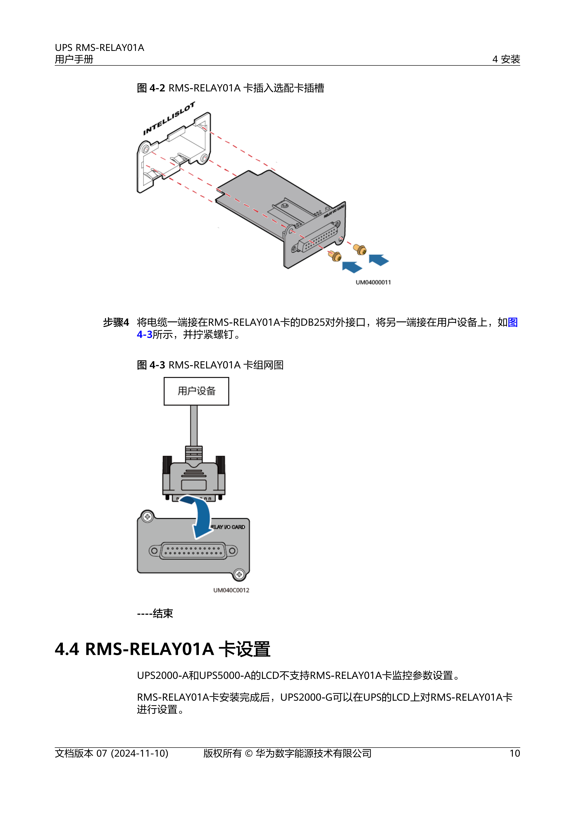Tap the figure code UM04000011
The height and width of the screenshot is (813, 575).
pyautogui.click(x=373, y=282)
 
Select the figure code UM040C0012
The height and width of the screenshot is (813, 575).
pyautogui.click(x=231, y=590)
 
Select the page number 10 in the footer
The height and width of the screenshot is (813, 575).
pyautogui.click(x=515, y=753)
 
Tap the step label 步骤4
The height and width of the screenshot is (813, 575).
pyautogui.click(x=116, y=322)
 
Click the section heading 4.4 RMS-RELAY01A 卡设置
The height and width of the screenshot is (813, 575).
pyautogui.click(x=162, y=649)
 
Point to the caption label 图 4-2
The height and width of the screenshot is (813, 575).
pyautogui.click(x=151, y=88)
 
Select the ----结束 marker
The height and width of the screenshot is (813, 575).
pyautogui.click(x=155, y=613)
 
